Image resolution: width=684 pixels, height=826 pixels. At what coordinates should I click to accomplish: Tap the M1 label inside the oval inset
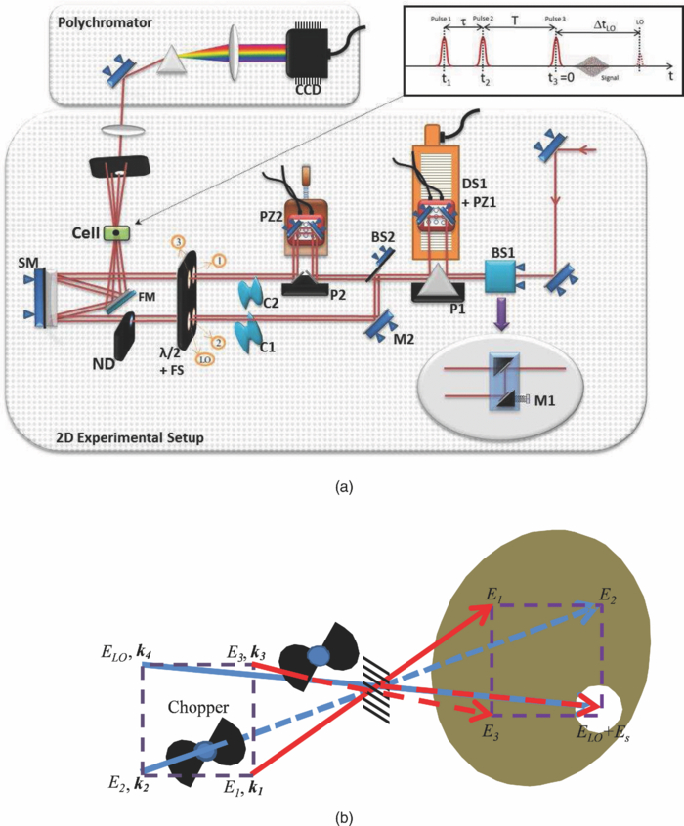click(566, 397)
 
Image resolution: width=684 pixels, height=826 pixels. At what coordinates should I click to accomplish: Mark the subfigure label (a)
click(341, 484)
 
